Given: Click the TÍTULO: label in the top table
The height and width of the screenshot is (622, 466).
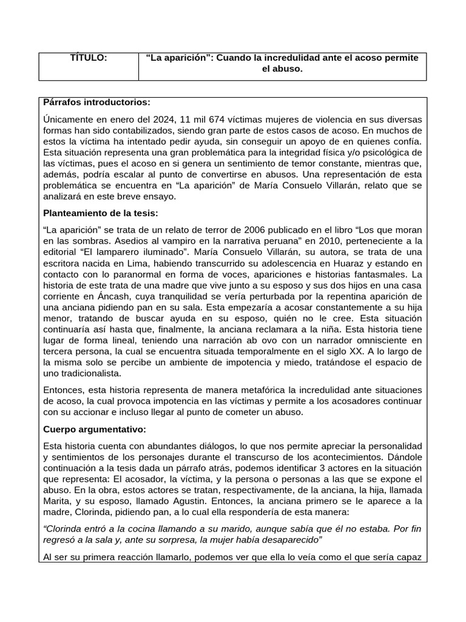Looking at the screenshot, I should tap(89, 58).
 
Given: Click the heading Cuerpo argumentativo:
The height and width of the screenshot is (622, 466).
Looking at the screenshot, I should tap(95, 429).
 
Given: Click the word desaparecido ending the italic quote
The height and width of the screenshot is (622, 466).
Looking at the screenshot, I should tap(285, 539).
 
